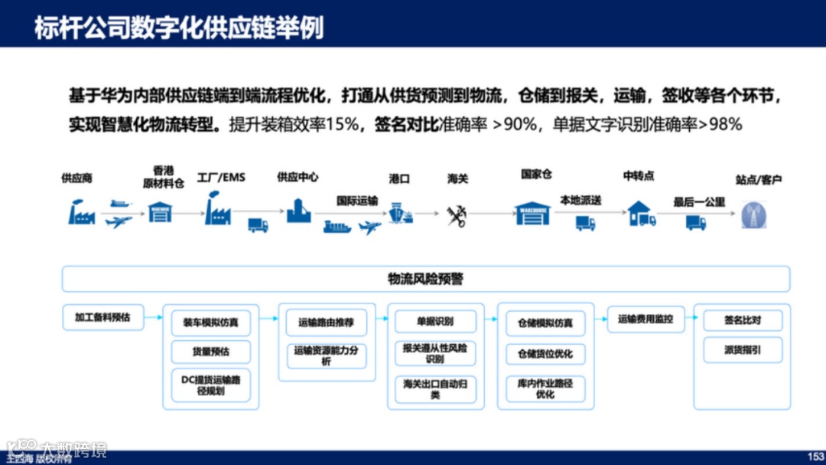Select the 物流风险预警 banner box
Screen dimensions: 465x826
(x=425, y=279)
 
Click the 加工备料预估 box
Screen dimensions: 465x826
(x=102, y=317)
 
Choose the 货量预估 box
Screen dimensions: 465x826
(x=210, y=352)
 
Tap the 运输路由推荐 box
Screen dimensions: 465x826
(x=326, y=323)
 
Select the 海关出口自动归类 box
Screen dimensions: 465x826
(x=434, y=389)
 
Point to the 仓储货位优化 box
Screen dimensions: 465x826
(x=545, y=354)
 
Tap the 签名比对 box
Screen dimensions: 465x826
(x=742, y=319)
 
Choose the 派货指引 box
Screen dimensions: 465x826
(x=742, y=350)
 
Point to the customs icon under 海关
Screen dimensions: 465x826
(x=457, y=215)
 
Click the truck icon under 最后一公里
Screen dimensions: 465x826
(x=696, y=222)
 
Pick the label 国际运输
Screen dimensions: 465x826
(x=357, y=201)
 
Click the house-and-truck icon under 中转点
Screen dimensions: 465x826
(x=642, y=214)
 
